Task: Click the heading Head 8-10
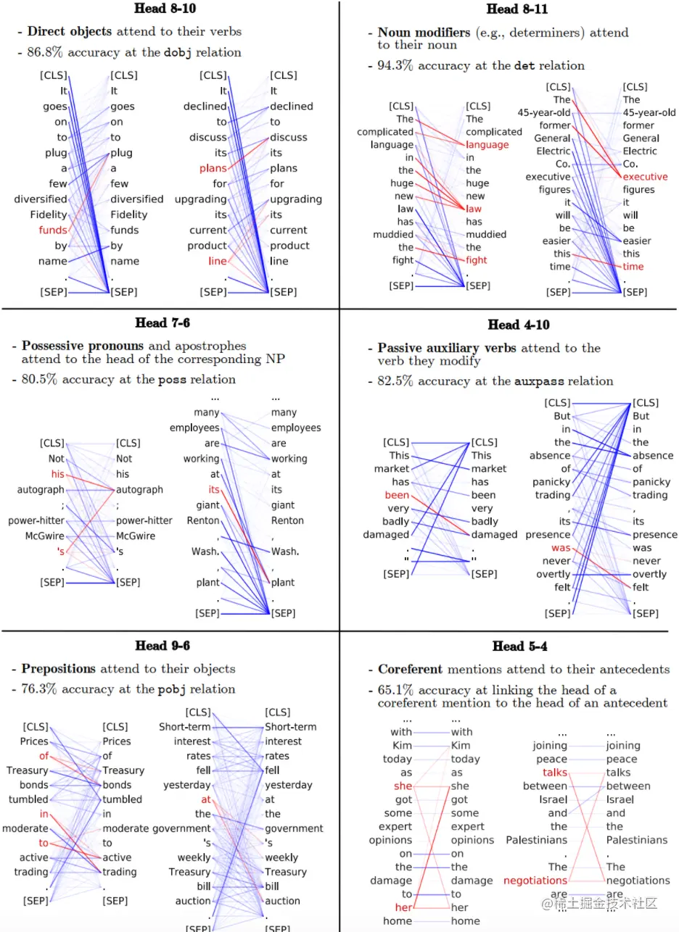click(165, 9)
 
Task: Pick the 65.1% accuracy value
click(394, 690)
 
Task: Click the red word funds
click(53, 230)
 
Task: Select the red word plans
click(213, 168)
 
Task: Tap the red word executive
click(645, 177)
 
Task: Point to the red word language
click(487, 145)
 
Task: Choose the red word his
click(57, 474)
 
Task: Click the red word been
click(398, 495)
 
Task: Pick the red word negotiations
click(535, 881)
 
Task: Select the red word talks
click(555, 773)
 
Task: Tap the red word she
click(403, 786)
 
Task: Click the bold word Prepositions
click(59, 669)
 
